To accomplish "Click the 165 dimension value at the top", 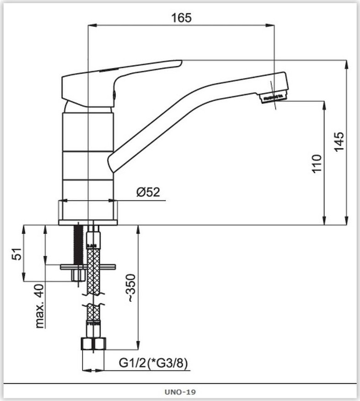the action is point(181,18).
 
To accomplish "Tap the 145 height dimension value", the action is point(339,141).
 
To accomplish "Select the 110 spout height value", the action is point(317,164).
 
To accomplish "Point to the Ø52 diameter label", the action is point(148,192).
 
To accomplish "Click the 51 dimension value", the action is point(16,254).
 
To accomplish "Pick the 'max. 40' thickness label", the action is point(39,306).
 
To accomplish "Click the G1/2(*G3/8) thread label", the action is point(153,363).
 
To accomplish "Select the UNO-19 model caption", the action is point(180,392).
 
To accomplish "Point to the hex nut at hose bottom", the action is point(94,344).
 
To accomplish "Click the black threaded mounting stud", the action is point(78,245).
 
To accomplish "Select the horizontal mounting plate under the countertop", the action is point(88,267).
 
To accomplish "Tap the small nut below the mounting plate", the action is point(78,275).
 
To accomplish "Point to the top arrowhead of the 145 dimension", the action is point(346,64).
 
